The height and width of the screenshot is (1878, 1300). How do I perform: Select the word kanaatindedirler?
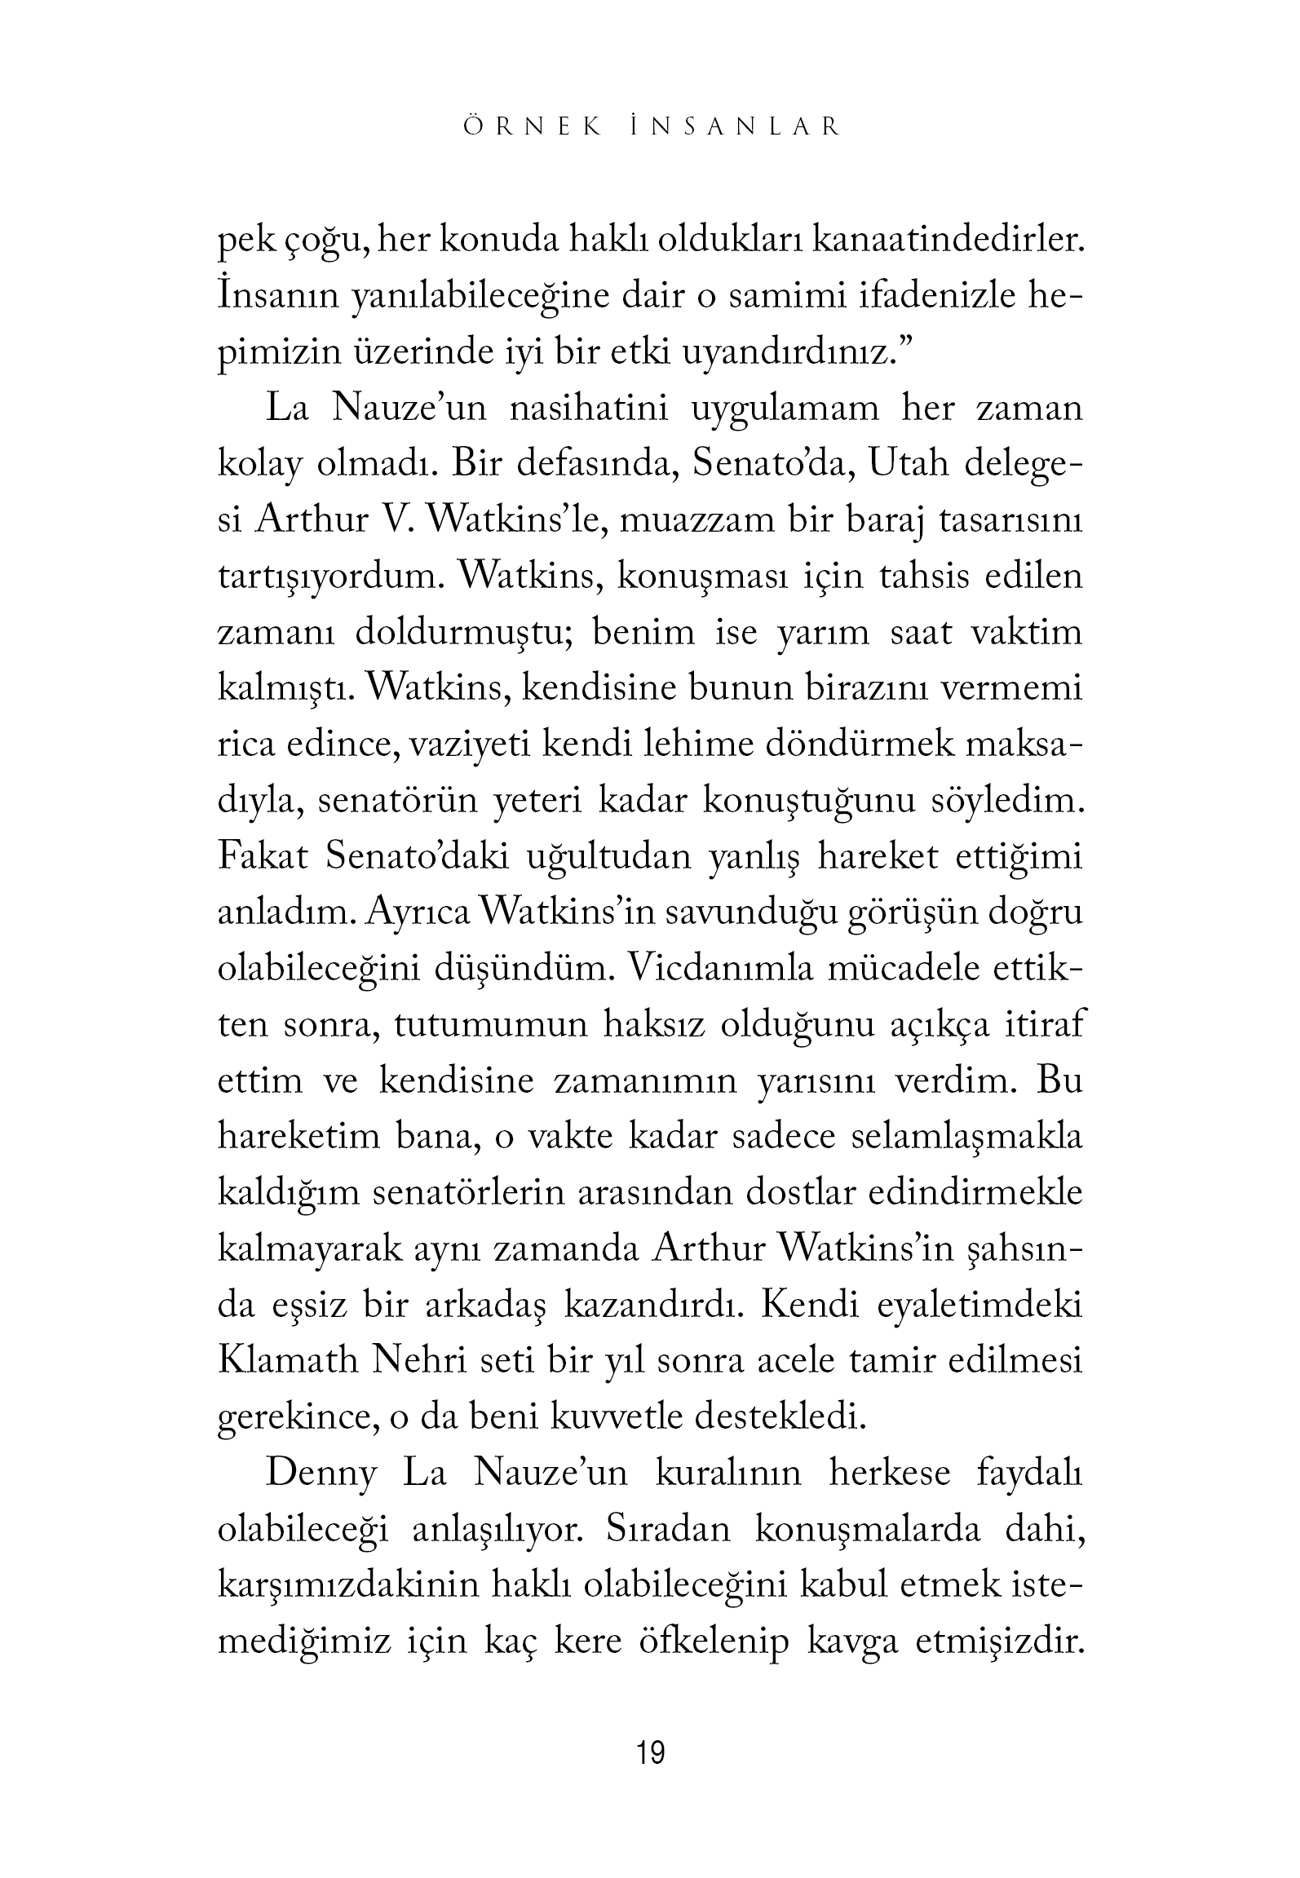pos(948,241)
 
